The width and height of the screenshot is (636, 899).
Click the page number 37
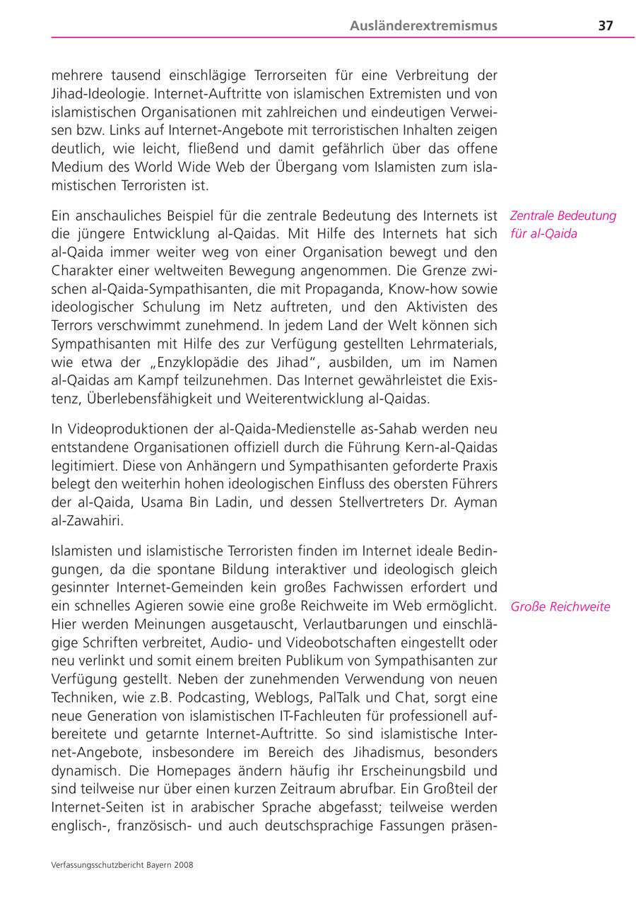pos(606,25)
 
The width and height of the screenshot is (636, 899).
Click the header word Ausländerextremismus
pos(423,25)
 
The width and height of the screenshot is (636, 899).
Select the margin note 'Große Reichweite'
pos(560,606)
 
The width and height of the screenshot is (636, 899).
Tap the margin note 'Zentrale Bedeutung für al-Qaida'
pos(563,225)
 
